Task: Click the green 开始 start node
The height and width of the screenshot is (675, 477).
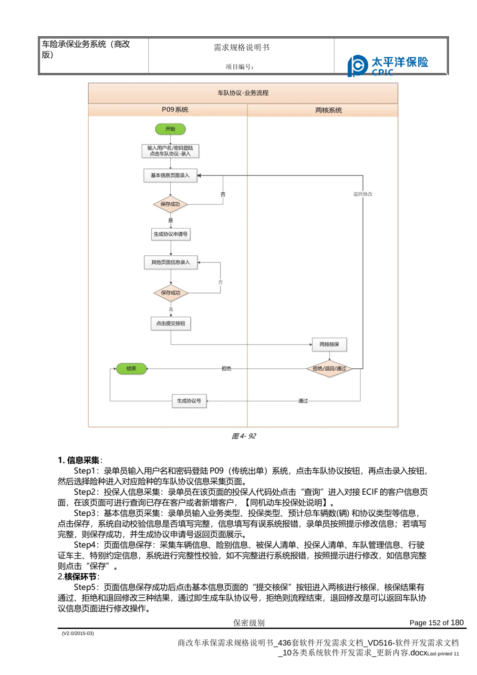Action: coord(170,129)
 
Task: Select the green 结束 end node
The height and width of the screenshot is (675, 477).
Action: coord(131,369)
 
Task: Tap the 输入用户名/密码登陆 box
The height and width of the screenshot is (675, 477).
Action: coord(170,151)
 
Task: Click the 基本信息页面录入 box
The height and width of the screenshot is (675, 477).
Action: coord(170,176)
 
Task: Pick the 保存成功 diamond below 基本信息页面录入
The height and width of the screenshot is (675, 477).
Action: coord(170,204)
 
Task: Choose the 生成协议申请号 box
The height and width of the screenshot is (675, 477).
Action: coord(171,234)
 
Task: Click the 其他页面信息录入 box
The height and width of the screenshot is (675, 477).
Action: coord(171,262)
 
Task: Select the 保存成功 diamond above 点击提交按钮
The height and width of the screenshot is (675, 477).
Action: coord(171,293)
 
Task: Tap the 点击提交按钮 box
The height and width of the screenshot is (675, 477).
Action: coord(171,323)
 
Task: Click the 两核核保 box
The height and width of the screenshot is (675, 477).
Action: coord(329,344)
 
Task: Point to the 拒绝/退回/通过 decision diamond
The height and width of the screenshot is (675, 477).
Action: coord(329,369)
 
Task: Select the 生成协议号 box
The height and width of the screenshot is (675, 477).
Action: coord(189,401)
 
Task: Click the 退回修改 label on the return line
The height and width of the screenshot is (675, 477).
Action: coord(363,194)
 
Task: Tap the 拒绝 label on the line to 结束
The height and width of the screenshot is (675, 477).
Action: coord(226,369)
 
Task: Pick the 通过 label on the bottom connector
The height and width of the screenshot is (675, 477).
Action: coord(303,401)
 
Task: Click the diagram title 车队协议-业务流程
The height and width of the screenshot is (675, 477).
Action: coord(243,93)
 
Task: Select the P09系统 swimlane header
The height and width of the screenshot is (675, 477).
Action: coord(175,110)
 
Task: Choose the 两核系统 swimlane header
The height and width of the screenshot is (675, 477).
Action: coord(329,110)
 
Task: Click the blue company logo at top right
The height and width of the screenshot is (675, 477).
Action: coord(389,65)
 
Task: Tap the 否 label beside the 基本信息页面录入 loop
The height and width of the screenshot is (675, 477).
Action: coord(223,195)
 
